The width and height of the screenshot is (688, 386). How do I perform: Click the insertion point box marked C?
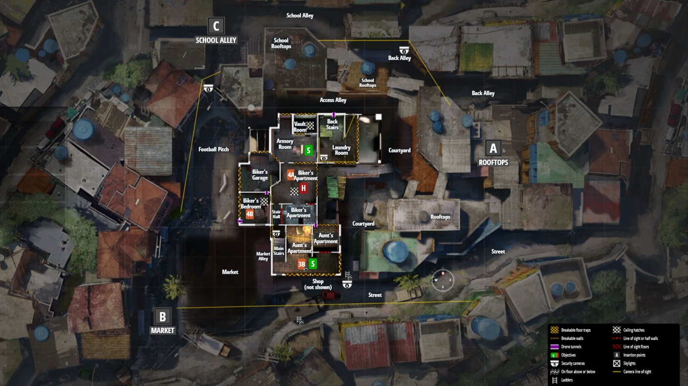pyautogui.click(x=216, y=25)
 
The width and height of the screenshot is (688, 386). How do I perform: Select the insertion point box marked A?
pyautogui.click(x=493, y=148)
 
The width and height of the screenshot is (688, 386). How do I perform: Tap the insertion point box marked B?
pyautogui.click(x=162, y=316)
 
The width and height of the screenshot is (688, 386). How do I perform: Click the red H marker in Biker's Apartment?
pyautogui.click(x=303, y=188)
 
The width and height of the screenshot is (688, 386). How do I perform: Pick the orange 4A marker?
pyautogui.click(x=291, y=174)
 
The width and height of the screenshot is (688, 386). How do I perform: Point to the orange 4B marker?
pyautogui.click(x=250, y=214)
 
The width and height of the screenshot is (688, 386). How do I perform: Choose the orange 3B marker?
pyautogui.click(x=302, y=264)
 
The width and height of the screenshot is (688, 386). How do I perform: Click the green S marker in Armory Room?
pyautogui.click(x=308, y=150)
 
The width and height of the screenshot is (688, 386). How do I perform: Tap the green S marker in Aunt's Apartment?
pyautogui.click(x=313, y=264)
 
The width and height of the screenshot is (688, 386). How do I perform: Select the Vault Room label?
pyautogui.click(x=300, y=127)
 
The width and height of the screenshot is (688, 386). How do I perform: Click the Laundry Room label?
pyautogui.click(x=341, y=150)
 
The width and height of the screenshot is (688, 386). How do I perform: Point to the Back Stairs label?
pyautogui.click(x=332, y=125)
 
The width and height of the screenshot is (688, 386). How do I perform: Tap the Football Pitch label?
pyautogui.click(x=214, y=149)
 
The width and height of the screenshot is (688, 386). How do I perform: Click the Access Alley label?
pyautogui.click(x=333, y=100)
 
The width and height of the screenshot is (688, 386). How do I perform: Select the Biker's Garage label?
pyautogui.click(x=260, y=175)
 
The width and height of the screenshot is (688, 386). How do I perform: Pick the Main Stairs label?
pyautogui.click(x=278, y=251)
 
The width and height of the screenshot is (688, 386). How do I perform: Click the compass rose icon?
pyautogui.click(x=443, y=280)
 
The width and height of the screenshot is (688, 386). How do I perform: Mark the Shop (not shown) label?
pyautogui.click(x=318, y=284)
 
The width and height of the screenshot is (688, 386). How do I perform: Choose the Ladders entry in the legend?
pyautogui.click(x=567, y=380)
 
